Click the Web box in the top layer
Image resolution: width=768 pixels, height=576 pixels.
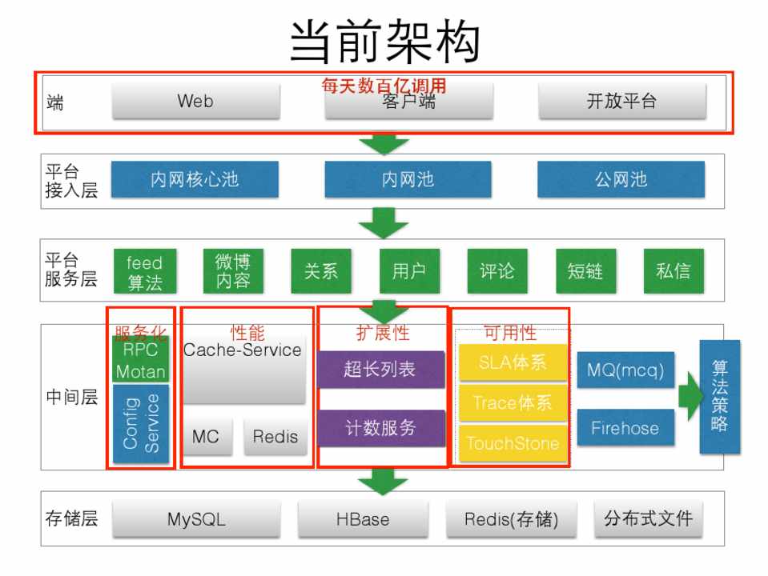195,102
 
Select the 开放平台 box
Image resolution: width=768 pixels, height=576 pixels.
621,102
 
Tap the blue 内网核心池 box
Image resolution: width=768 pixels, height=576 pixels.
195,179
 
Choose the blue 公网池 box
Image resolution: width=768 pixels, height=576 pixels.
621,179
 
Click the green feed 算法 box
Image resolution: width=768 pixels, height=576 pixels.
145,271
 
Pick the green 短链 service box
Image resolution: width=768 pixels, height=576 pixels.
585,271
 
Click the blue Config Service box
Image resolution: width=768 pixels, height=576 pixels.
140,422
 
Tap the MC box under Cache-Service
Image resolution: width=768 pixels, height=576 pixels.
206,436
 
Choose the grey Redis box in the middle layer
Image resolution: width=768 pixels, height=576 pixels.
275,436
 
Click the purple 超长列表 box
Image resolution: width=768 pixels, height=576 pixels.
380,370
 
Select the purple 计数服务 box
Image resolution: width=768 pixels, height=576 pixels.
380,428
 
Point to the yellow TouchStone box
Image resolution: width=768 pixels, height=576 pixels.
513,442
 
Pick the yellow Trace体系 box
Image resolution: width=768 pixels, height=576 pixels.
513,402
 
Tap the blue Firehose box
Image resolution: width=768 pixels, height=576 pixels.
625,428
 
